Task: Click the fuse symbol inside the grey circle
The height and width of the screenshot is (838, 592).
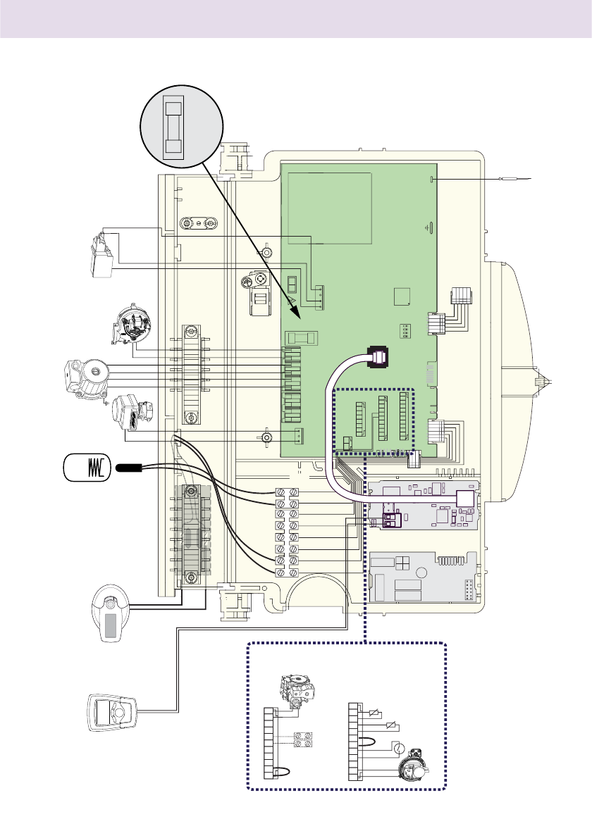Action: click(173, 127)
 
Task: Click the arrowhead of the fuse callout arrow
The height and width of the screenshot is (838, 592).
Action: click(298, 313)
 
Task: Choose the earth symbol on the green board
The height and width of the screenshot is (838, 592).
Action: click(430, 227)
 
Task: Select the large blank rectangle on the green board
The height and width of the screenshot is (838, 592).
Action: click(326, 207)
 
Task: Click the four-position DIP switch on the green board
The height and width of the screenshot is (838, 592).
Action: click(406, 330)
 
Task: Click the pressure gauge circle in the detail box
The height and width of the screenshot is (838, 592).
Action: click(397, 749)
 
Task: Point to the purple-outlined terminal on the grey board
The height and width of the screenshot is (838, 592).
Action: click(391, 520)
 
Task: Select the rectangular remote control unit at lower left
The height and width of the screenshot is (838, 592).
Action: click(113, 715)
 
